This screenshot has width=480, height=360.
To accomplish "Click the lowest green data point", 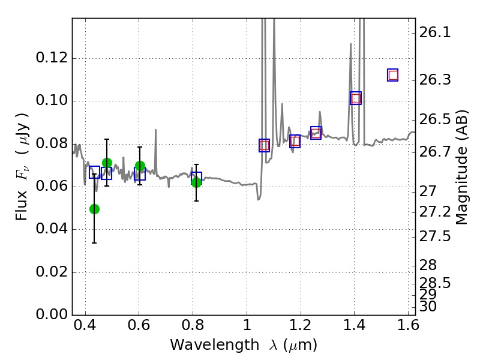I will [94, 209].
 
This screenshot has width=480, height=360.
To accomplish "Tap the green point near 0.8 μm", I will [196, 182].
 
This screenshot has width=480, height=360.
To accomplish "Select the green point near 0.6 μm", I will [140, 166].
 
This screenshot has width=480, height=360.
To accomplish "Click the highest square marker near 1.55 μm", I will [393, 75].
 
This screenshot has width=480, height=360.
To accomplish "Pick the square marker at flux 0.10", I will [356, 98].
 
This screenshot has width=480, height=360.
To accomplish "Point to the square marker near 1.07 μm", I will [264, 145].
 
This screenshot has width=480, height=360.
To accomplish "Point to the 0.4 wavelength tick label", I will [85, 328].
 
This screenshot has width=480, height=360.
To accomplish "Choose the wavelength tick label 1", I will [247, 328].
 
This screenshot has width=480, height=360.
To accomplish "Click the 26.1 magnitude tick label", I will [435, 33].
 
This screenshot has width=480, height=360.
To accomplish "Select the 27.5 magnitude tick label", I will [435, 236].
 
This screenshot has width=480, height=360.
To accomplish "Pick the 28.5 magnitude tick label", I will [435, 282].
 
